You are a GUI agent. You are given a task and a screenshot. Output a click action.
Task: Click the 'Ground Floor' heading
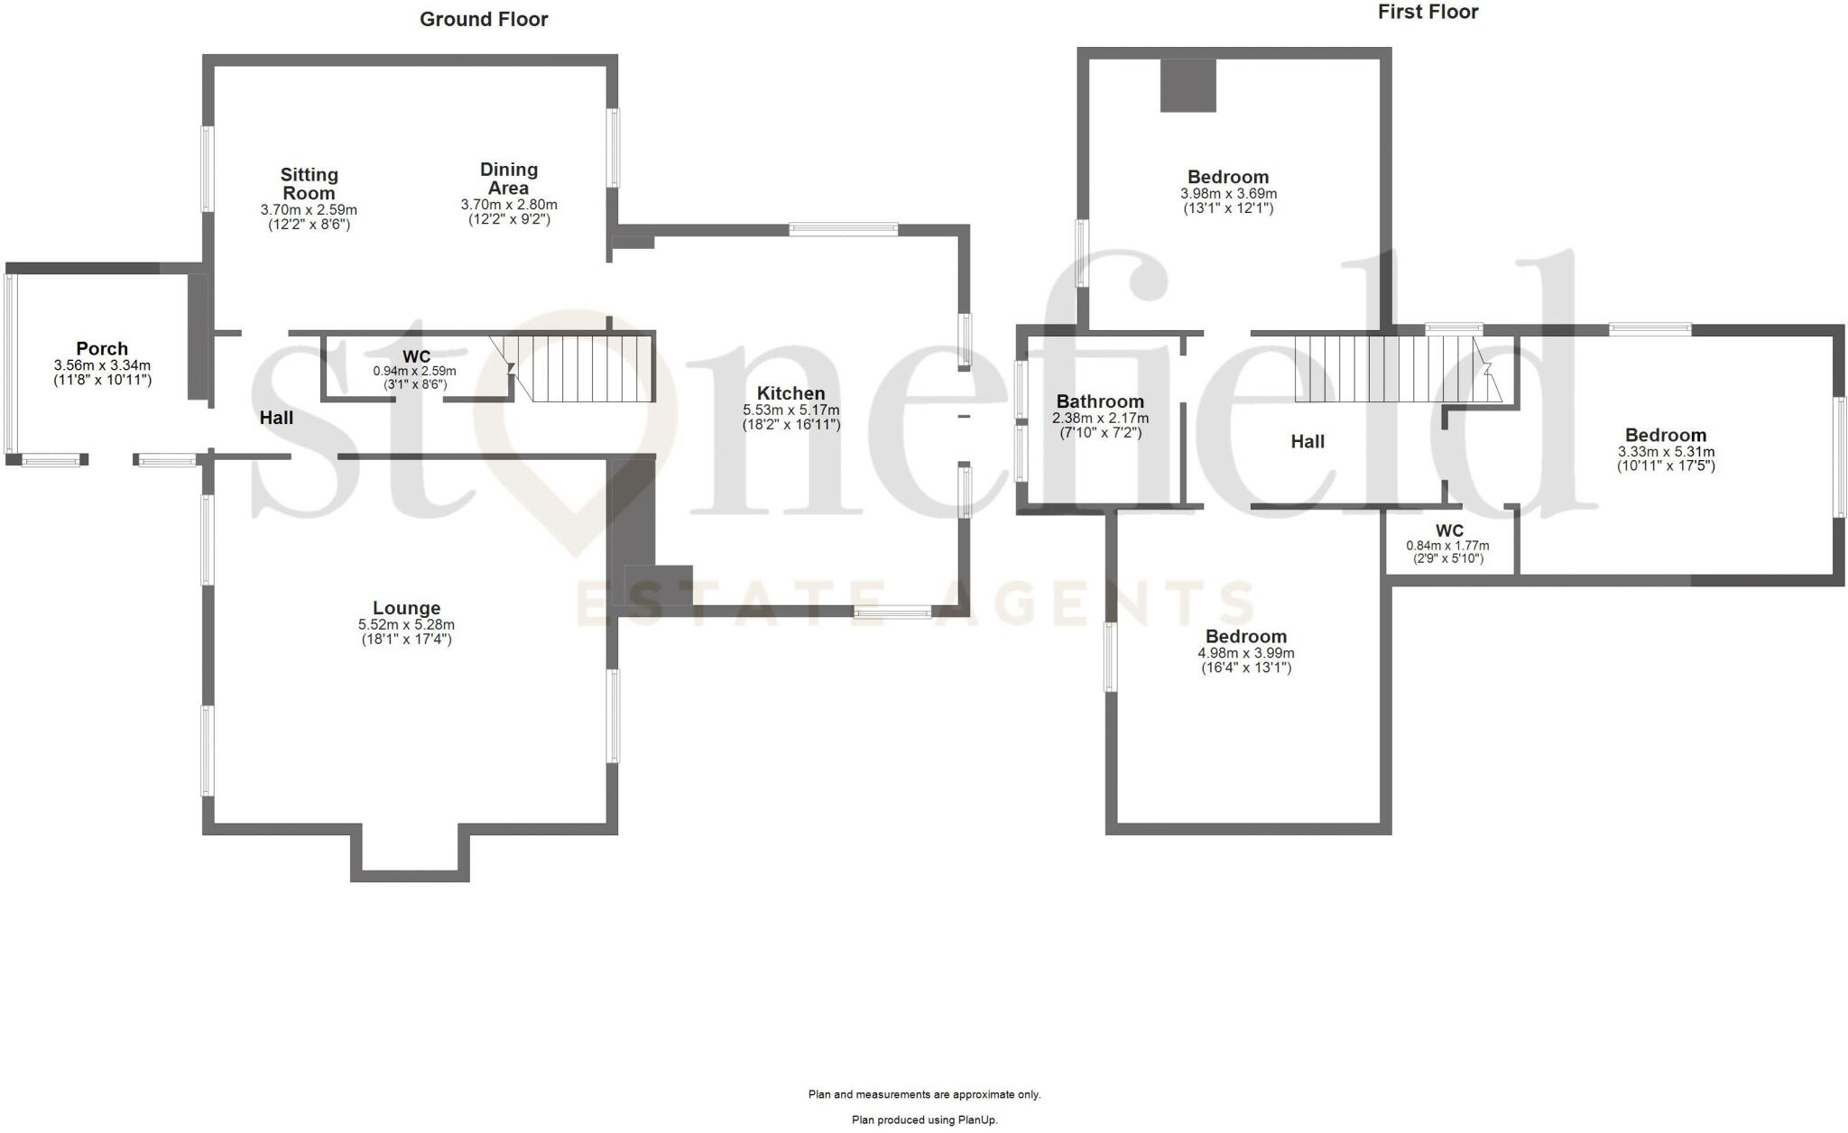(484, 20)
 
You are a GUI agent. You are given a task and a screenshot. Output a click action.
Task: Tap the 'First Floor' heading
(1428, 13)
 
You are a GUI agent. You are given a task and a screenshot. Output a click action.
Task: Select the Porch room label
(102, 349)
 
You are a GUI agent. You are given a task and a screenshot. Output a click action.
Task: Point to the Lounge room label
(406, 609)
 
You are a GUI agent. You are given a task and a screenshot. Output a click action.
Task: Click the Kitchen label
(790, 393)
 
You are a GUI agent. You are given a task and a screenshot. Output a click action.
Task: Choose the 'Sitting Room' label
(309, 184)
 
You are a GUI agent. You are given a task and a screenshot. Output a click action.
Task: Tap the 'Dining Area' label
(509, 179)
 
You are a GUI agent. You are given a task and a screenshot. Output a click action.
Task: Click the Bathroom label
(1100, 401)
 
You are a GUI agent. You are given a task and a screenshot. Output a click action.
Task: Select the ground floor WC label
(416, 357)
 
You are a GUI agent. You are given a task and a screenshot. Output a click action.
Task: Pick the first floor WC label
(1449, 530)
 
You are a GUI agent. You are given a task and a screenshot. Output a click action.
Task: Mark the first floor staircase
(1390, 369)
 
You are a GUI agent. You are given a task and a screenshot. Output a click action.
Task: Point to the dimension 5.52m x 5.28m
(406, 624)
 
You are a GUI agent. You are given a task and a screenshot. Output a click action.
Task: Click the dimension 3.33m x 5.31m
(1666, 452)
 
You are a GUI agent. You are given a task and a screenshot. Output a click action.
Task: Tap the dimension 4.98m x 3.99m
(1246, 653)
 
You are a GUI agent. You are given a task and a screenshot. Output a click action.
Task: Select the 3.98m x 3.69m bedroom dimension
(1228, 194)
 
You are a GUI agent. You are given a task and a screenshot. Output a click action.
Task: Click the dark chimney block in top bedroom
(1187, 86)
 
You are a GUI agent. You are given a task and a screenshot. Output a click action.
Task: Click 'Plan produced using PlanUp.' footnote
(925, 1119)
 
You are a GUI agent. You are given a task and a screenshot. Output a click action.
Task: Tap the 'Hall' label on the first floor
(1307, 441)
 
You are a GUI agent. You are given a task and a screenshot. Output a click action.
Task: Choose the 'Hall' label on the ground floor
(276, 418)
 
